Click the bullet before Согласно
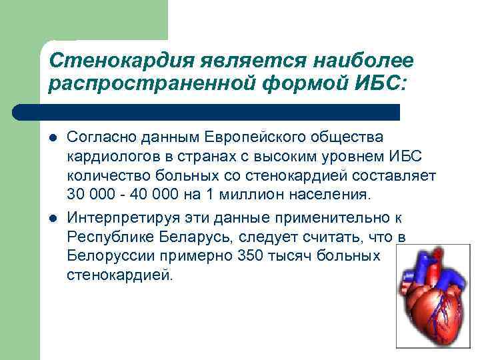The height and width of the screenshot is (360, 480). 53,139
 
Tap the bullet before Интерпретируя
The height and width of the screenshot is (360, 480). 53,220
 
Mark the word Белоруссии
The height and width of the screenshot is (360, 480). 106,257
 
